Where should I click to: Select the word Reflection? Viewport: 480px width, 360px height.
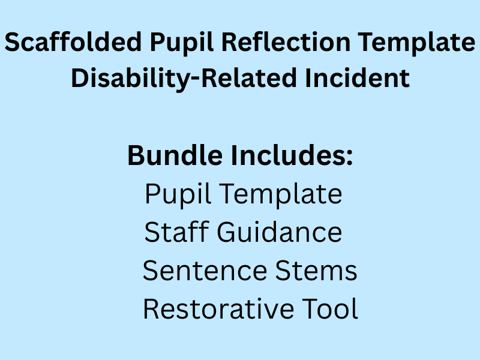(280, 44)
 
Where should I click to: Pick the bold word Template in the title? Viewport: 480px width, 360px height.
(412, 44)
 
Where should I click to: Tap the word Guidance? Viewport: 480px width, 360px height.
(280, 232)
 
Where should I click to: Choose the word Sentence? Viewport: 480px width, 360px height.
(205, 271)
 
